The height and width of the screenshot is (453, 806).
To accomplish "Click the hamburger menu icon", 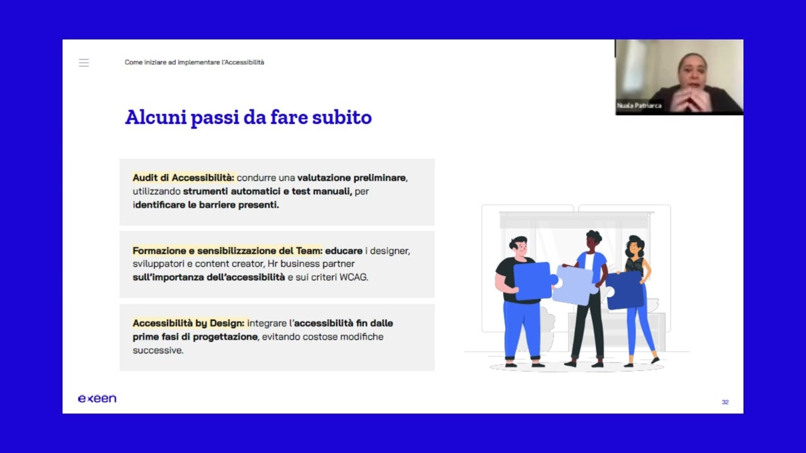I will coord(84,63).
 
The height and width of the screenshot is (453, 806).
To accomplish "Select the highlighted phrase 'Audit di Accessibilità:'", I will coord(183,178).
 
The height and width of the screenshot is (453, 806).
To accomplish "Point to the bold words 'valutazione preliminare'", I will coord(352,178).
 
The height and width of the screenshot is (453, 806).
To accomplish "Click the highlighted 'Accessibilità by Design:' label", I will coord(188,323).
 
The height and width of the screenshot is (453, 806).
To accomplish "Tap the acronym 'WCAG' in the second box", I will coord(354,277).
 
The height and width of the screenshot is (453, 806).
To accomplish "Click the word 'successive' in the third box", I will coord(157,350).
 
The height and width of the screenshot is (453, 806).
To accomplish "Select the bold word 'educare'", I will coord(344,251).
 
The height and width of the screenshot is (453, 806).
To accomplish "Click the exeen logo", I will coord(97,399).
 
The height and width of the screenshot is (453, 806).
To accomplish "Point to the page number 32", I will coord(725,402).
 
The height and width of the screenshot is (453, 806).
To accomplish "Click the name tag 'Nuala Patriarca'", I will coord(639,106).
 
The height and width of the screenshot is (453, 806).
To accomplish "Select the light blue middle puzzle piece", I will coord(573,285).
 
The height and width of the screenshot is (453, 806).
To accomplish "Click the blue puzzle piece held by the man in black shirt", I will coord(533,281).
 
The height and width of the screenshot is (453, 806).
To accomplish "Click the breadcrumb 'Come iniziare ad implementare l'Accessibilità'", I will coord(195,62).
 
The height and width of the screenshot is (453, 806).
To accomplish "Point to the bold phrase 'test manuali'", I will coord(321,191).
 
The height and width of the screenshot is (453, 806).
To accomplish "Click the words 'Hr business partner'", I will coord(311,264).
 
